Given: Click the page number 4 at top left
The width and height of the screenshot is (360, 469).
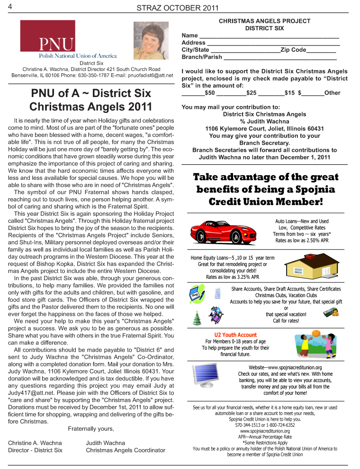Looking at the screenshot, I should [10, 6].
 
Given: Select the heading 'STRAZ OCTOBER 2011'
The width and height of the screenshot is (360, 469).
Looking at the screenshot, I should [178, 7].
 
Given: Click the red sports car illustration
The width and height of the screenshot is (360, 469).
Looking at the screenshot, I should [224, 231].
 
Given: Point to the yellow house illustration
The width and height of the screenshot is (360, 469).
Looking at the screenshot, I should [310, 267].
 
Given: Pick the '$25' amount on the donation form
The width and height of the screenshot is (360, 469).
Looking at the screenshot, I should [252, 93].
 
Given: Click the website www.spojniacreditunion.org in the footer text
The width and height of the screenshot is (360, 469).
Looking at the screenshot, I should [265, 431].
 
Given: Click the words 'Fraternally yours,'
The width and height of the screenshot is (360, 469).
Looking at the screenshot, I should [91, 429].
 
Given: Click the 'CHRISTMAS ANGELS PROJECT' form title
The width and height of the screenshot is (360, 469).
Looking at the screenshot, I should [264, 21].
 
